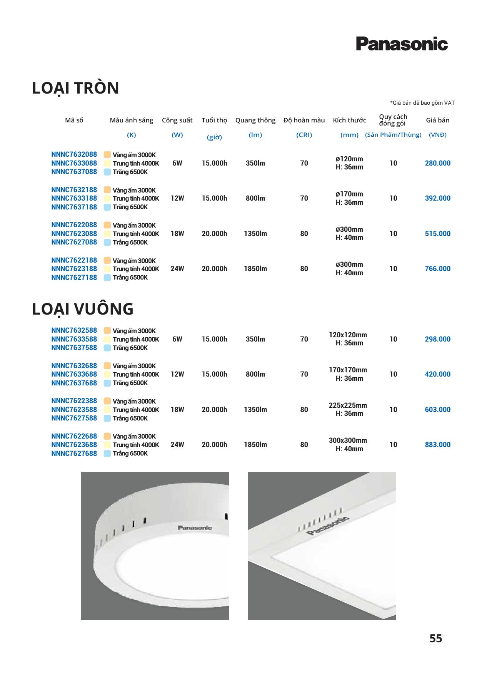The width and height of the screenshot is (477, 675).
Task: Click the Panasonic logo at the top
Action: coord(402,44)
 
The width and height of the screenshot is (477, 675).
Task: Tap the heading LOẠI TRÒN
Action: coord(75,88)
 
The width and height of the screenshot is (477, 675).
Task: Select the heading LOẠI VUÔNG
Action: coord(83,309)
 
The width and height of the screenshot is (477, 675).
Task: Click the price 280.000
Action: coord(437,163)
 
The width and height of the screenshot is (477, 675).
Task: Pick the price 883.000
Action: coord(437,445)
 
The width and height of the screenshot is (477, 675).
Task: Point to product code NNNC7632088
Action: coord(74,154)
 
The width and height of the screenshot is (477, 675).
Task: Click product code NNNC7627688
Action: coord(74,454)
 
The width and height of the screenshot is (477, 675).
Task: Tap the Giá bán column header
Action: coord(437,120)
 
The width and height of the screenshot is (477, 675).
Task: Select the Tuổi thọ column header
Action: coord(214,120)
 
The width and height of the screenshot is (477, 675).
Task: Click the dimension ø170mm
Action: coord(349,194)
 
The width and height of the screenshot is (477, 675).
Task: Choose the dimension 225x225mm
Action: coord(348,405)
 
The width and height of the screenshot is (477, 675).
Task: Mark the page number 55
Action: coord(435,639)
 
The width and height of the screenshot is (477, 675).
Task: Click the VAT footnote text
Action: coord(422,103)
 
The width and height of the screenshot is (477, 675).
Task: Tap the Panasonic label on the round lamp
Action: coord(195,528)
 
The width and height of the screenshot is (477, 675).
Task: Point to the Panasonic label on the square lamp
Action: coord(328,526)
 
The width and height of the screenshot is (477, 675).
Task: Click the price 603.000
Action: coord(437,410)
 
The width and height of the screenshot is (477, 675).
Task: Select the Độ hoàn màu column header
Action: coord(304,120)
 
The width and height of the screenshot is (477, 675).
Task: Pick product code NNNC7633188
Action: coord(74,198)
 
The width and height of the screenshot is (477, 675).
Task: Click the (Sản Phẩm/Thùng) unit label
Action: coord(393,135)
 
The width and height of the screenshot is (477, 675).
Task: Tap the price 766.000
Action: coord(437,269)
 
